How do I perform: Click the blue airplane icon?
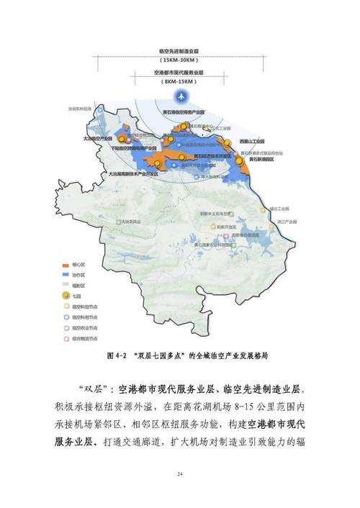click(180, 95)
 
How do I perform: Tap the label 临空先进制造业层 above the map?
click(180, 53)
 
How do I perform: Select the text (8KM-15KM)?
click(180, 82)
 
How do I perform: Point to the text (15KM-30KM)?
click(180, 60)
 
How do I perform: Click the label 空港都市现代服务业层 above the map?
click(180, 74)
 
